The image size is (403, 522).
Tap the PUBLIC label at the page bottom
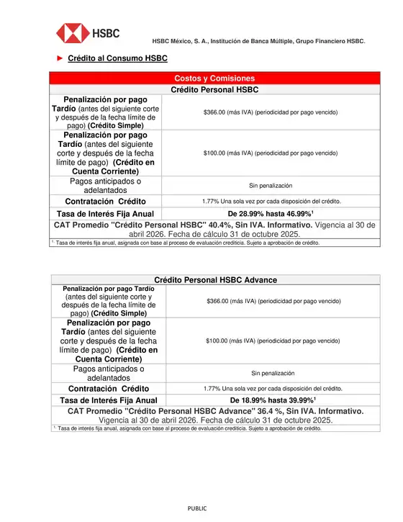click(197, 508)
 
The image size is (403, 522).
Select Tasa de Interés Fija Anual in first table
click(106, 214)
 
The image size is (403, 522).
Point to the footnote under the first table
click(187, 243)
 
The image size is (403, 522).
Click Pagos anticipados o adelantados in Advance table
click(109, 373)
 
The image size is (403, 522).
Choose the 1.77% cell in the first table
click(271, 201)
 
